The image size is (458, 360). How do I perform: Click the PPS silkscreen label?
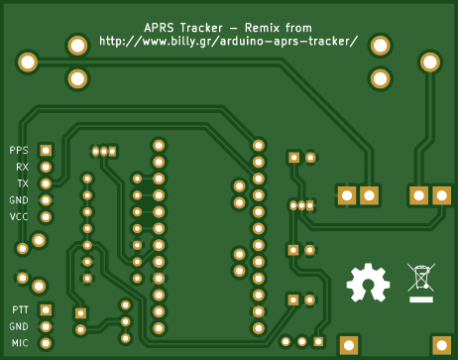(19, 151)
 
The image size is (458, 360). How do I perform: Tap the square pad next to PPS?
(46, 151)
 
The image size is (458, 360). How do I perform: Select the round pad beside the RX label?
(46, 167)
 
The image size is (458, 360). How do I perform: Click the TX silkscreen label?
(23, 183)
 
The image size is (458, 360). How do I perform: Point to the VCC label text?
(19, 217)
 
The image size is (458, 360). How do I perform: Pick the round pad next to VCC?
(46, 217)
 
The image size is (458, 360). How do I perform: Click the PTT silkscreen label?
(20, 310)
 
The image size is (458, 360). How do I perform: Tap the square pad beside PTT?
(46, 310)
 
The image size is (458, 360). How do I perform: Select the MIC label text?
(20, 343)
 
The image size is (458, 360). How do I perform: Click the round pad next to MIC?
(46, 343)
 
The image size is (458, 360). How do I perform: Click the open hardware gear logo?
(368, 283)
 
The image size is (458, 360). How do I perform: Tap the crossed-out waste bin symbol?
(421, 278)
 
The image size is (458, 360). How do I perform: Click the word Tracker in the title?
(201, 28)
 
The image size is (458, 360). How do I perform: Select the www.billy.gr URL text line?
(228, 42)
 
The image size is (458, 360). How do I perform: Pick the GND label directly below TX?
(19, 200)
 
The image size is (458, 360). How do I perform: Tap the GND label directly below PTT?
(19, 326)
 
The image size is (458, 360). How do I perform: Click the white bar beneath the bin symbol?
(421, 300)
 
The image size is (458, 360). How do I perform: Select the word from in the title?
(298, 28)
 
